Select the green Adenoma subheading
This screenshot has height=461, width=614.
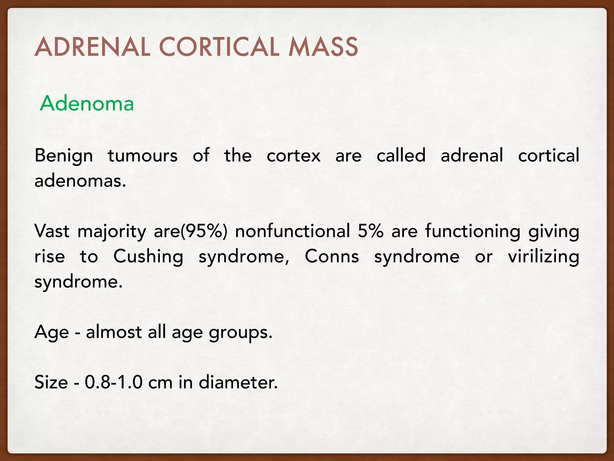[x=87, y=104]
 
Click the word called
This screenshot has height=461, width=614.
[x=401, y=155]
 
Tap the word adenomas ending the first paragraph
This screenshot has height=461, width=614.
[x=80, y=181]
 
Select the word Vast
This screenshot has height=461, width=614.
[x=52, y=231]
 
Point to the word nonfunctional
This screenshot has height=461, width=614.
[x=293, y=231]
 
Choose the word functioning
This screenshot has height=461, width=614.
[x=472, y=232]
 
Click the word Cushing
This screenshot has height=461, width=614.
[x=148, y=257]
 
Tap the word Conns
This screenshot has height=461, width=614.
[x=332, y=257]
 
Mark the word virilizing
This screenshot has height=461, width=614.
[x=543, y=257]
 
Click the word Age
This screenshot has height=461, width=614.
[x=52, y=333]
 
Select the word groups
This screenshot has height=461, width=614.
[x=240, y=333]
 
